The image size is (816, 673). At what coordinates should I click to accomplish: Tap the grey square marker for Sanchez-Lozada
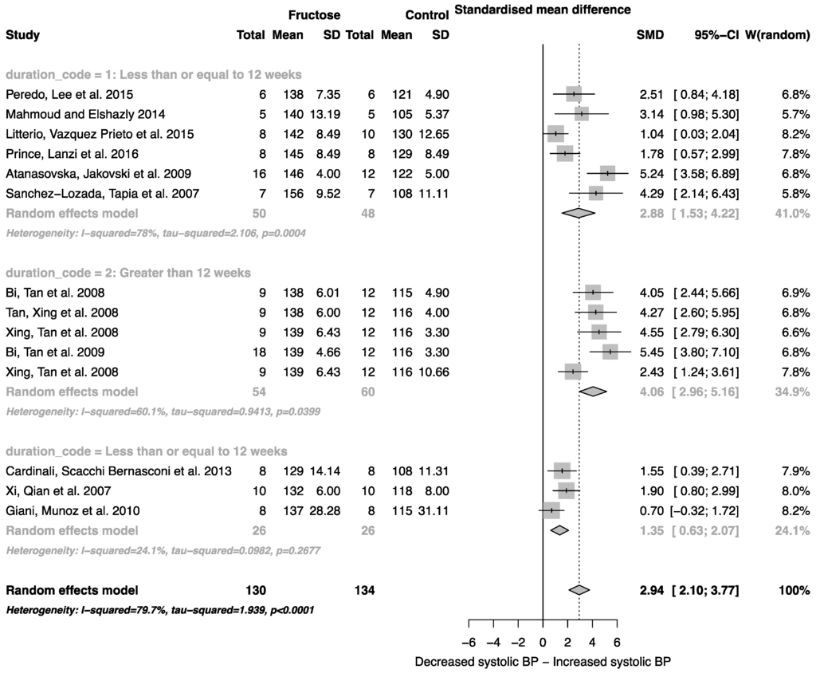coord(595,193)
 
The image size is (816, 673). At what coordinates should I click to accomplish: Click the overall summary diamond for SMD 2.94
coord(579,590)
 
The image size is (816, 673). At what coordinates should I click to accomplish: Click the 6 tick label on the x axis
coord(617,641)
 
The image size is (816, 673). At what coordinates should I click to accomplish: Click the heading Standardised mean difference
coord(542,10)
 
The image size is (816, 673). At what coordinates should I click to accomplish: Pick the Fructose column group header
coord(315,15)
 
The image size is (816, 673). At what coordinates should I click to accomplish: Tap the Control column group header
coord(427,15)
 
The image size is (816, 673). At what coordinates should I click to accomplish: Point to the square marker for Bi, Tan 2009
coord(610,352)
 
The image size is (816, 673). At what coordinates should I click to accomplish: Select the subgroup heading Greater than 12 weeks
coord(127,274)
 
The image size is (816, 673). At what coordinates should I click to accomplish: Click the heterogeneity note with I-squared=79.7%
coord(159,610)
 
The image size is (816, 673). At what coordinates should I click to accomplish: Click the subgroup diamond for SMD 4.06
coord(593,392)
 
